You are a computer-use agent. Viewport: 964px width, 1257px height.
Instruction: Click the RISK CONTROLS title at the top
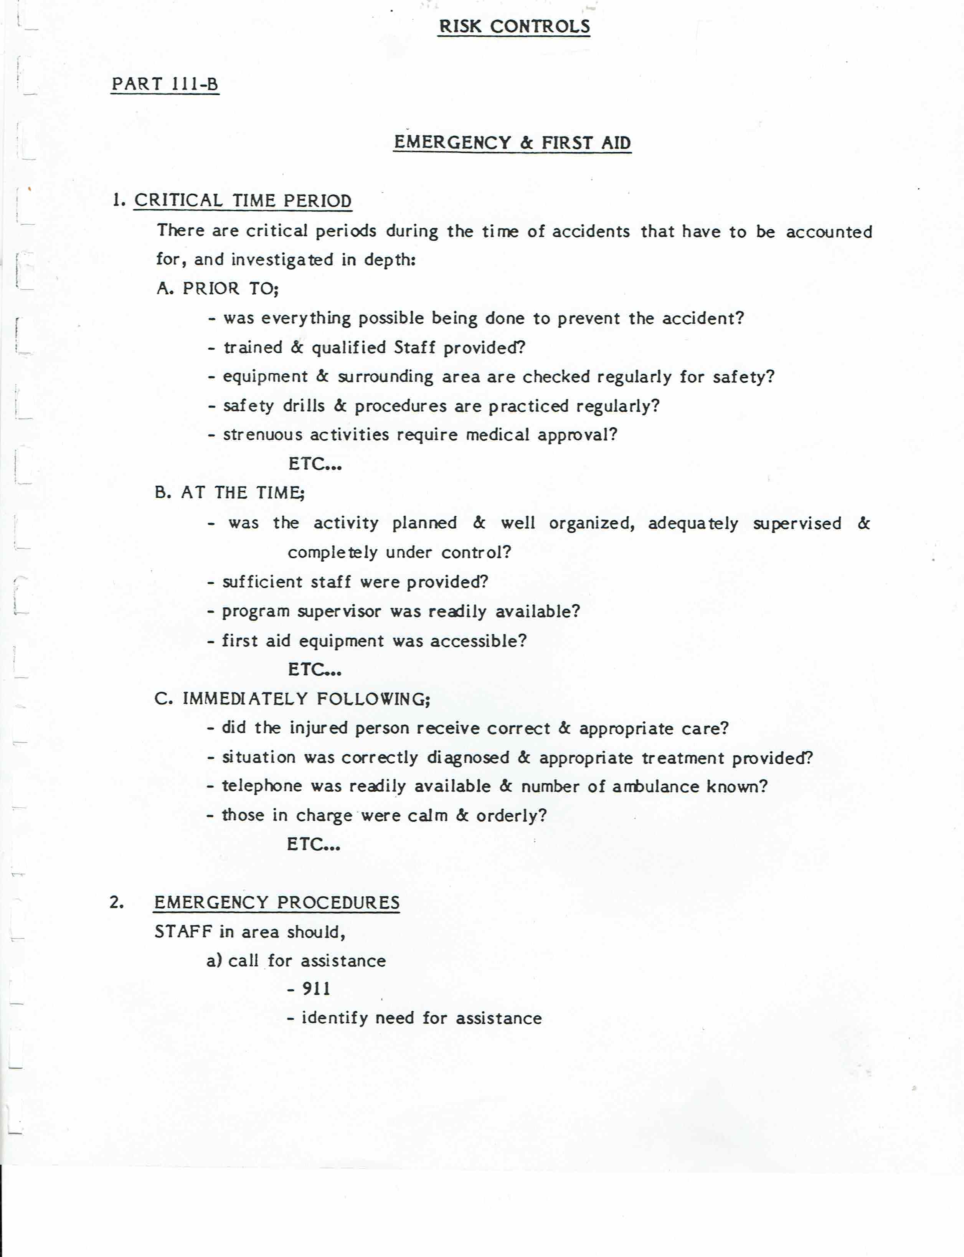coord(514,26)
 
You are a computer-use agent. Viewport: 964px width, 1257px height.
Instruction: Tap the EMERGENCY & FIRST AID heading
coord(512,142)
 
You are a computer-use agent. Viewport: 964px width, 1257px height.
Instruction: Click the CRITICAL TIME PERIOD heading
coord(243,201)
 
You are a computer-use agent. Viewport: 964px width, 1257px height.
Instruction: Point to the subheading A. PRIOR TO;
coord(218,288)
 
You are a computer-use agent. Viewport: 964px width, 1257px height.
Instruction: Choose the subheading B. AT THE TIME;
coord(229,492)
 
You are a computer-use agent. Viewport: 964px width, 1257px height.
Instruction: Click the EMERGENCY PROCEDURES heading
coord(277,902)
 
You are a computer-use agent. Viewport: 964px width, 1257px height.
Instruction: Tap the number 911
coord(316,988)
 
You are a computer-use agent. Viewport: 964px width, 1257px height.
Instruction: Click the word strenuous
coord(262,435)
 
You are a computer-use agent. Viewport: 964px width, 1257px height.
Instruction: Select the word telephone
coord(262,786)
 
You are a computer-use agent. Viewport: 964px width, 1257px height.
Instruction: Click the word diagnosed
coord(468,757)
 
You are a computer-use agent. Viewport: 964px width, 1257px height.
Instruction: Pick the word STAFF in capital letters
coord(183,932)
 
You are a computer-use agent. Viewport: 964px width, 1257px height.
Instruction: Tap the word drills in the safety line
coord(303,406)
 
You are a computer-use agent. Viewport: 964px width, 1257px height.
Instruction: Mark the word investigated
coord(282,260)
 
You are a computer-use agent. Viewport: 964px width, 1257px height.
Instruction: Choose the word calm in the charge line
coord(428,815)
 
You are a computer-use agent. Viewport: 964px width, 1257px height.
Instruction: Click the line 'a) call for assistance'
coord(296,960)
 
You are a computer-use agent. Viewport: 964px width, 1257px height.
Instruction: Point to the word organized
coord(592,523)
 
